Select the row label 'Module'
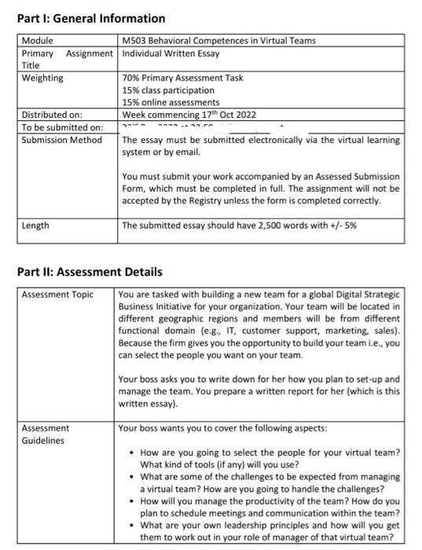click(x=37, y=41)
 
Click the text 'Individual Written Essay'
click(x=171, y=53)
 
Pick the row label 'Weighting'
click(x=42, y=78)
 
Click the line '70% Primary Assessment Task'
click(x=182, y=78)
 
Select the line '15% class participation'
click(x=168, y=90)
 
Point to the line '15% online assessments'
click(x=171, y=102)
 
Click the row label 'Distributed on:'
click(x=52, y=115)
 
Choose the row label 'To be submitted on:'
click(x=61, y=127)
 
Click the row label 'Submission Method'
click(x=61, y=140)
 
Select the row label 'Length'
click(x=35, y=225)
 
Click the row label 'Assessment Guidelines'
click(x=45, y=434)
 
